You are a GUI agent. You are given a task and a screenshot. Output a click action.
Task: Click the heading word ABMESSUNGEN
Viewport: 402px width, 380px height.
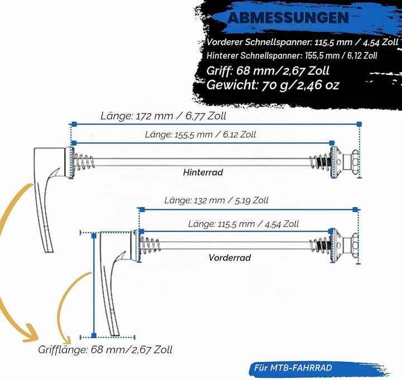288,18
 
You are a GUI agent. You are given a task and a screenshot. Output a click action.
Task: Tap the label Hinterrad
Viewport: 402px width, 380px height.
203,172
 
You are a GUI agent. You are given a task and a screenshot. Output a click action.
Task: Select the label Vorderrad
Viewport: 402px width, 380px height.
229,258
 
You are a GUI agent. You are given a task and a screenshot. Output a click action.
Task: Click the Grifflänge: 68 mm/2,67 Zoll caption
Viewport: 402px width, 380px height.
105,350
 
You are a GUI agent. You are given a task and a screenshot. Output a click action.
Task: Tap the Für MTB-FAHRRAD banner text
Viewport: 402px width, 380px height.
293,368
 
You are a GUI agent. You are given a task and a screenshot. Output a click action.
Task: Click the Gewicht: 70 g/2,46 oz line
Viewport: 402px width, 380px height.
273,85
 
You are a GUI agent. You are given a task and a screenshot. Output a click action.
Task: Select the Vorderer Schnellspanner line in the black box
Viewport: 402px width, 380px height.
303,42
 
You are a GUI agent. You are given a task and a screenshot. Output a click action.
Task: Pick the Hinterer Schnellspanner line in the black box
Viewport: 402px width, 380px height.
292,56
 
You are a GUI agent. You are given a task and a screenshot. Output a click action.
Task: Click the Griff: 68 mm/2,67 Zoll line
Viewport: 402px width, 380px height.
267,71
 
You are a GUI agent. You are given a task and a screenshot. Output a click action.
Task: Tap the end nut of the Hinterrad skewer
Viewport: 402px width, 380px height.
355,162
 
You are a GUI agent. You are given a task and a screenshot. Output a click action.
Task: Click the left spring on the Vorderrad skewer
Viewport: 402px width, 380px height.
150,246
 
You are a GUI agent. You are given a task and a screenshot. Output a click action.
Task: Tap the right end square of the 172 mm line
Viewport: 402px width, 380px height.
359,124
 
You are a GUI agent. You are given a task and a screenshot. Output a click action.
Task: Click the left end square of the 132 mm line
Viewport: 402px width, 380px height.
142,210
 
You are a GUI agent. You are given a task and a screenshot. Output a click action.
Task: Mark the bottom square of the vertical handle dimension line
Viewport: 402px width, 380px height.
94,335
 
